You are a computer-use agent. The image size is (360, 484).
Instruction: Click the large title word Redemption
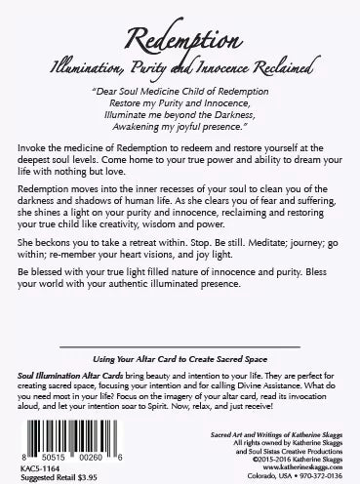pos(180,33)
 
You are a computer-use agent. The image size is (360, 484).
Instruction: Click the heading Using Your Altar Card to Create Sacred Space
pos(180,359)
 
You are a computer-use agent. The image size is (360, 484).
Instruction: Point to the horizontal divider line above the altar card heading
pos(180,345)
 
